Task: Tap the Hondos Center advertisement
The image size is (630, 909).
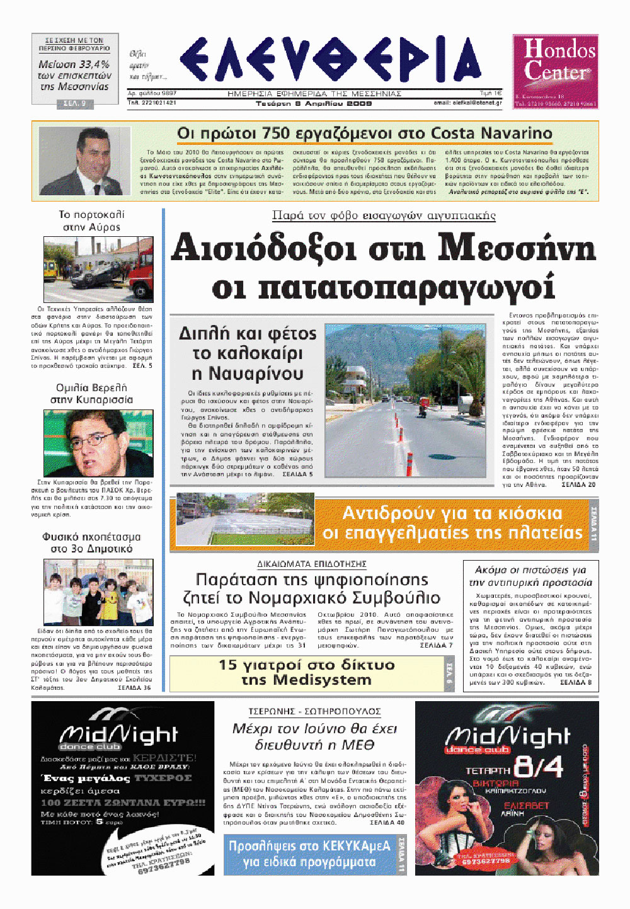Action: (555, 71)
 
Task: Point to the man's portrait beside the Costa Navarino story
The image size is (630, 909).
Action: (84, 161)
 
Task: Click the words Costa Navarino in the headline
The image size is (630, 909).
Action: (491, 134)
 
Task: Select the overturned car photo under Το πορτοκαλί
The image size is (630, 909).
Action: (98, 269)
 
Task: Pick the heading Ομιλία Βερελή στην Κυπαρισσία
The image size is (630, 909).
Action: (92, 394)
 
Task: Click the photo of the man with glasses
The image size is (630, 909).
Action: (98, 443)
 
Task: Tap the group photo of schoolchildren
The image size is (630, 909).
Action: (98, 592)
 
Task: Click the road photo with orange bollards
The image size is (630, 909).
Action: (405, 401)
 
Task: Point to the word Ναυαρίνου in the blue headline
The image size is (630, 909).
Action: (246, 374)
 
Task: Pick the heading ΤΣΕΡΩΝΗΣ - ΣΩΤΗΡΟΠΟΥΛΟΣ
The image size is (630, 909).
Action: (314, 711)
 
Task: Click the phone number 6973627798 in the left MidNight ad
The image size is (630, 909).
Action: (163, 866)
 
